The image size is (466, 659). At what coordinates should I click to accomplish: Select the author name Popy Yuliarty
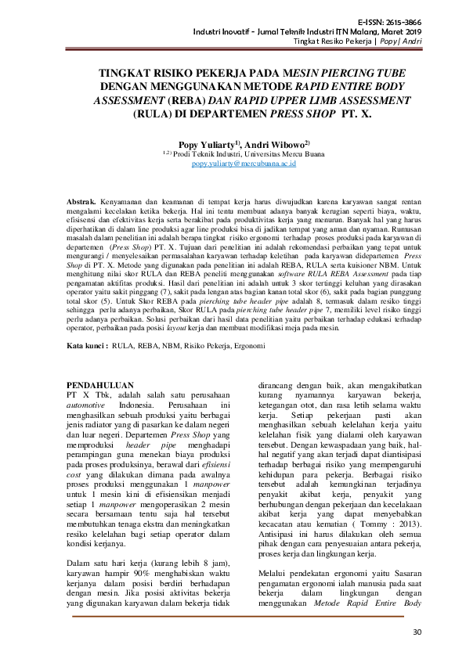coord(204,144)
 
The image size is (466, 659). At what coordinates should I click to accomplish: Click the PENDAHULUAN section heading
coord(101,386)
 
